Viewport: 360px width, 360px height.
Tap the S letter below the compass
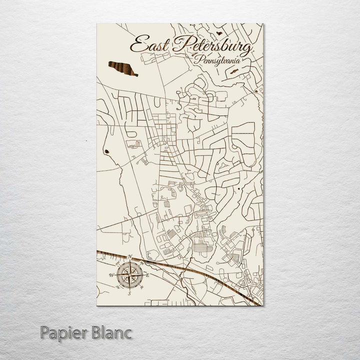click(x=129, y=293)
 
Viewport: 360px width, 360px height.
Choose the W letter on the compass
click(x=112, y=275)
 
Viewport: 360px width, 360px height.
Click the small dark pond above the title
click(x=218, y=32)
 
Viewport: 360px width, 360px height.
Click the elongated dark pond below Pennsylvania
click(x=233, y=71)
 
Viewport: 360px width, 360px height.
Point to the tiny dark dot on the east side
click(x=239, y=188)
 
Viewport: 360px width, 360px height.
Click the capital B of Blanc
click(x=96, y=332)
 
